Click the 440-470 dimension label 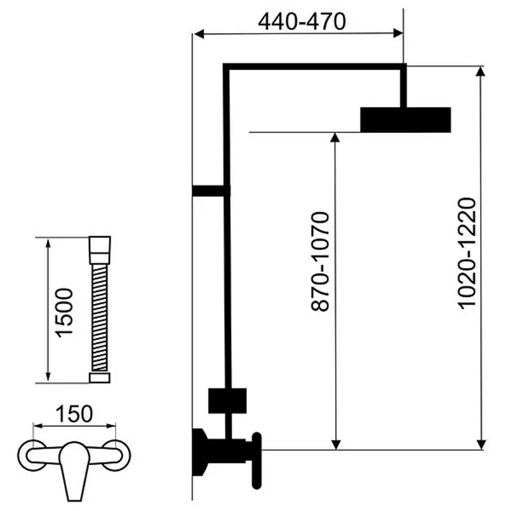[302, 22]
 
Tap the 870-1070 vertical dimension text [320, 261]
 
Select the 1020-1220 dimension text [467, 253]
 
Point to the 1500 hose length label [64, 313]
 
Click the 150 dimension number [74, 414]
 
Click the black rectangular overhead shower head [406, 119]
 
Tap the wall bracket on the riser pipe [211, 191]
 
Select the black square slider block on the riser [227, 401]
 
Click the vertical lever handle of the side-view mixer [257, 461]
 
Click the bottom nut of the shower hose [100, 378]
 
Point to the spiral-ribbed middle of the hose [100, 318]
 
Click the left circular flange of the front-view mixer [32, 455]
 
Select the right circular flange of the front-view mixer [116, 455]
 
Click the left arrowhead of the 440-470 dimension [199, 34]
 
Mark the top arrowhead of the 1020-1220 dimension [480, 72]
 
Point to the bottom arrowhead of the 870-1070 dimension [336, 445]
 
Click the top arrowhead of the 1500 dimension [48, 243]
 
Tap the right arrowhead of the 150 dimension [111, 425]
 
